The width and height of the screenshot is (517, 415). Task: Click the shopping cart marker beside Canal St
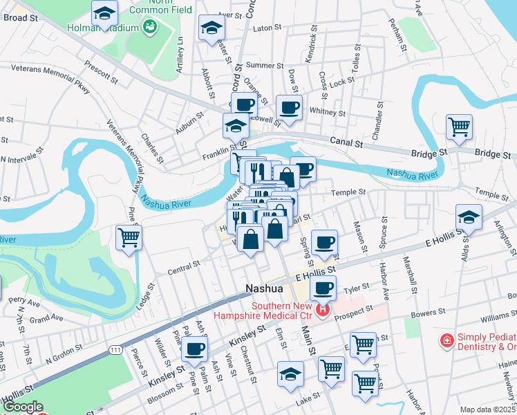(459, 127)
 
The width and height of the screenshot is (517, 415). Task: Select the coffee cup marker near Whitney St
(289, 108)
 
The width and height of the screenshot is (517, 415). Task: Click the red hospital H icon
(321, 311)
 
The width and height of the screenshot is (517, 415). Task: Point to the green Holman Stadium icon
(149, 27)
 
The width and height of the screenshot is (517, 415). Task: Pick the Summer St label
(260, 65)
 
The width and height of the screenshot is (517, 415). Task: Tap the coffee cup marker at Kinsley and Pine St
(195, 349)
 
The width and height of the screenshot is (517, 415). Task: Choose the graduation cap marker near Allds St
(469, 218)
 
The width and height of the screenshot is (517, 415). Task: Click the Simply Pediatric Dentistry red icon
(447, 341)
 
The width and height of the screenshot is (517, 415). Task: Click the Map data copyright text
(488, 409)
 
